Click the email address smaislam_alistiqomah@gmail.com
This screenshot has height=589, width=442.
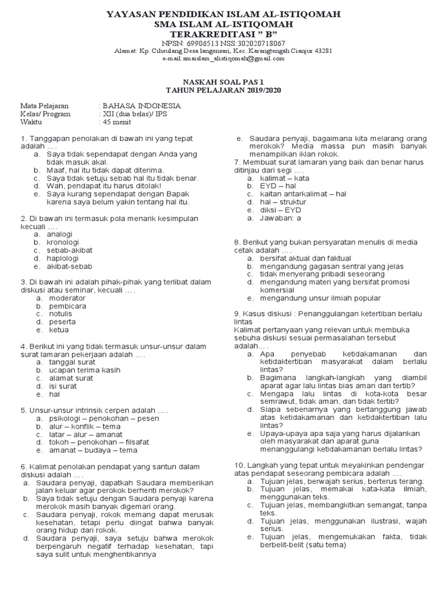tap(230, 58)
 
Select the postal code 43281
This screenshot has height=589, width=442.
tap(322, 51)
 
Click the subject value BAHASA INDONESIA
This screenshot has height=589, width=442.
tap(142, 106)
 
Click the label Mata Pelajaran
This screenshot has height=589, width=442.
tap(44, 106)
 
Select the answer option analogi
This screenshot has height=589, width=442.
tap(60, 235)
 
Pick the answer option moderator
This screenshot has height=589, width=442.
tap(67, 298)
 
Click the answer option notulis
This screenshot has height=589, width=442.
tap(61, 314)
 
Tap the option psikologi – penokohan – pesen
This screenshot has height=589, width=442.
tap(104, 418)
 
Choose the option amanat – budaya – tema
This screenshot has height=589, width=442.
tap(93, 450)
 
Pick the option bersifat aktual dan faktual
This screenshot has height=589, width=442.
tap(306, 258)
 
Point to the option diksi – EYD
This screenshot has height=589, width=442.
tap(280, 210)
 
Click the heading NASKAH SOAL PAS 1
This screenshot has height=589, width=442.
tap(221, 82)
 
